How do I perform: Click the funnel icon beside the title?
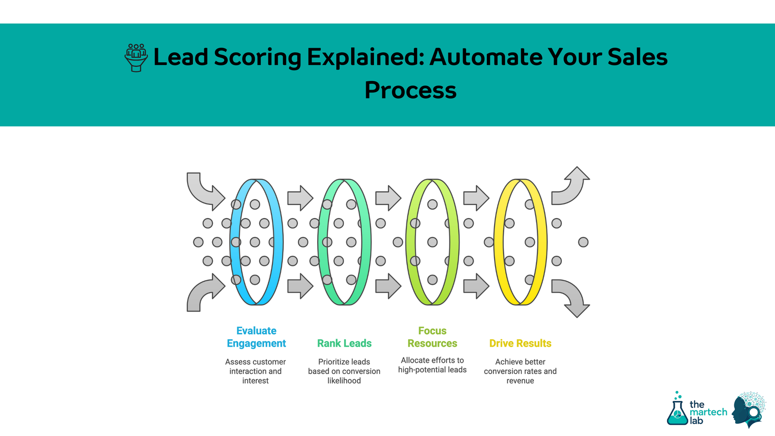pyautogui.click(x=136, y=58)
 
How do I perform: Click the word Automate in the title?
pyautogui.click(x=486, y=57)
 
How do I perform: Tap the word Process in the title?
pyautogui.click(x=410, y=91)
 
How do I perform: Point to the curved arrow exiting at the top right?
pyautogui.click(x=572, y=186)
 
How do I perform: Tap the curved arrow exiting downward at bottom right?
pyautogui.click(x=572, y=297)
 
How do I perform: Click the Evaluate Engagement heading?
pyautogui.click(x=256, y=337)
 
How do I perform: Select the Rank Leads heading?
pyautogui.click(x=344, y=343)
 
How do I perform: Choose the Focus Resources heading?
pyautogui.click(x=432, y=337)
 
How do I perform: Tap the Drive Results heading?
pyautogui.click(x=520, y=343)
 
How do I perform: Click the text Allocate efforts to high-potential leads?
pyautogui.click(x=432, y=365)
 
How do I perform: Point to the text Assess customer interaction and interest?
pyautogui.click(x=255, y=371)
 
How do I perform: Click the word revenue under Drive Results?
pyautogui.click(x=520, y=381)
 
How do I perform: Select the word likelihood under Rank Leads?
pyautogui.click(x=344, y=381)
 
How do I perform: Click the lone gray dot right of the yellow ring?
pyautogui.click(x=583, y=242)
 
